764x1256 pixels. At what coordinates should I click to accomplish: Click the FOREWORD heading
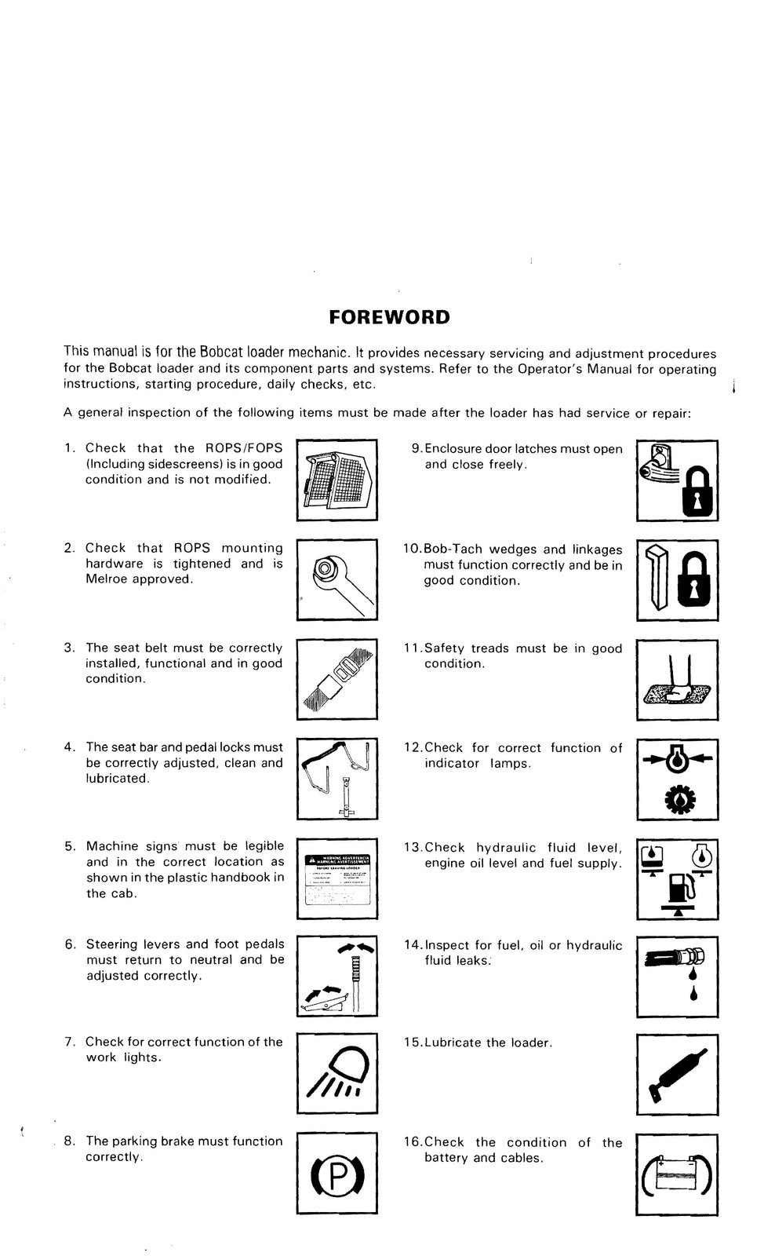(389, 317)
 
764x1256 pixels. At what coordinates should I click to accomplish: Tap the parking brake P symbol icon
(337, 1174)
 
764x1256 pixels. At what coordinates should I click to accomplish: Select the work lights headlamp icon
(337, 1074)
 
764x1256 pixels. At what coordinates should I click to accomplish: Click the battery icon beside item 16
(677, 1174)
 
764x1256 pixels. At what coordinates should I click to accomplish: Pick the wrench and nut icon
(336, 579)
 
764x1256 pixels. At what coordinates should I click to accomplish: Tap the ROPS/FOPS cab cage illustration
(337, 480)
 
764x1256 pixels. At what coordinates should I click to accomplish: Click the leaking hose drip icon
(677, 973)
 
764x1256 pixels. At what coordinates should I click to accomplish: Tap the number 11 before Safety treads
(413, 648)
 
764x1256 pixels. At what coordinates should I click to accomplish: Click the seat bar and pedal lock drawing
(337, 777)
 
